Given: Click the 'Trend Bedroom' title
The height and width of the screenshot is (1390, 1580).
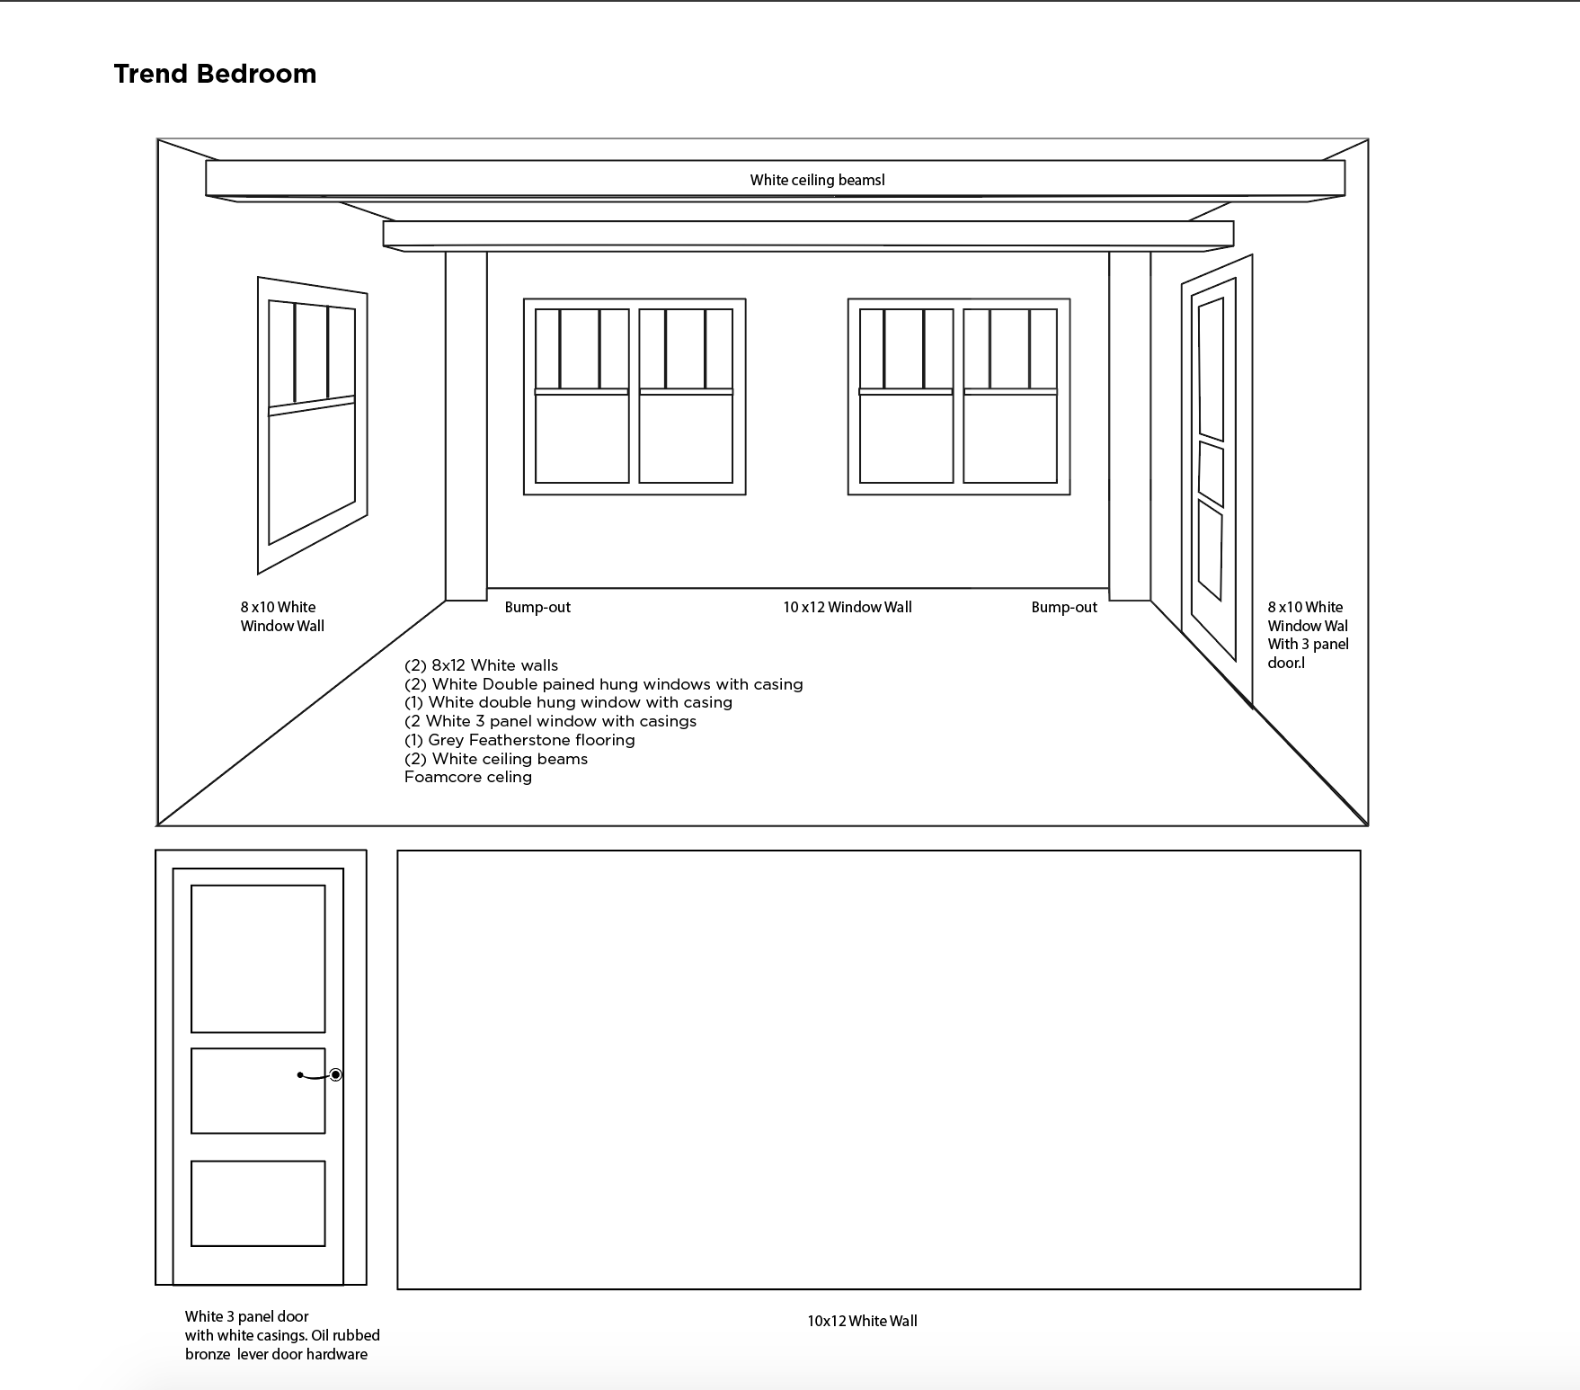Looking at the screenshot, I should pos(215,74).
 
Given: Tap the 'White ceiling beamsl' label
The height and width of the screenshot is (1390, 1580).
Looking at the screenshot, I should pos(817,180).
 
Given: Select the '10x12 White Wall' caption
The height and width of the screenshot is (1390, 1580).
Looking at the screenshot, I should pos(862,1321).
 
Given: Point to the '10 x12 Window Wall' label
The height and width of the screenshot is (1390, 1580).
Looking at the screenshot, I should pos(847,607).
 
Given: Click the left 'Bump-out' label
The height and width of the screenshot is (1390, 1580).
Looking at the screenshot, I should pos(537,607).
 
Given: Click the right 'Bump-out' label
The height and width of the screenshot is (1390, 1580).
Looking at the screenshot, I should pos(1064,607).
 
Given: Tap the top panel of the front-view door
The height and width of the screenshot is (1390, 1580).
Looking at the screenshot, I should pos(258,958).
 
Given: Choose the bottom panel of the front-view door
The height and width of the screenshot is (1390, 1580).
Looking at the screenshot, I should pos(258,1203).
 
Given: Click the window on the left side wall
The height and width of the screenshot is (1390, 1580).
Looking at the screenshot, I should pos(312,423).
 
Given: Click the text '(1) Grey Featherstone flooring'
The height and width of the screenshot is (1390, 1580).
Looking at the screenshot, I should pos(519,740).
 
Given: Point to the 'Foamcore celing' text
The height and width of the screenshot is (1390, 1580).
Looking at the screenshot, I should pos(467,777).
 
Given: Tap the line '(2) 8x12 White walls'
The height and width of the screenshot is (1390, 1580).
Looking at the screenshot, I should pos(481,665).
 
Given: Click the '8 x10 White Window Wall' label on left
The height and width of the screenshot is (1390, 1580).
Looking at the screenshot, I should pos(281,616).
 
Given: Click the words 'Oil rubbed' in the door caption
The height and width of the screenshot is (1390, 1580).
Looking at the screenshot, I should pos(345,1335).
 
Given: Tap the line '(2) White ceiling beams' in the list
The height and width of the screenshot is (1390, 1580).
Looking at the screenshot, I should pos(496,759).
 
